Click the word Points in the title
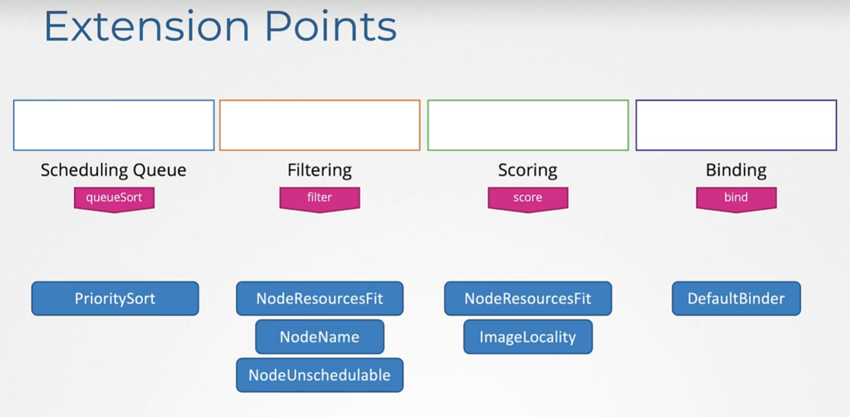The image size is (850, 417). [331, 26]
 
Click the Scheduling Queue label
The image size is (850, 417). [114, 170]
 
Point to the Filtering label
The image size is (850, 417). [320, 170]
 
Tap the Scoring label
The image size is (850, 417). [527, 170]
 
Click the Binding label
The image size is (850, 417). [736, 170]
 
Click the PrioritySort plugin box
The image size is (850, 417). [115, 298]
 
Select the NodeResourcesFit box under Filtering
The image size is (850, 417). [320, 298]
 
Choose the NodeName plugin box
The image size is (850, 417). [320, 336]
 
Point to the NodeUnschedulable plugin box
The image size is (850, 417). [320, 375]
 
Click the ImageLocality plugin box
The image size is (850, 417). [528, 336]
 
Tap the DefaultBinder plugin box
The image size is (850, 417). [736, 298]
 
